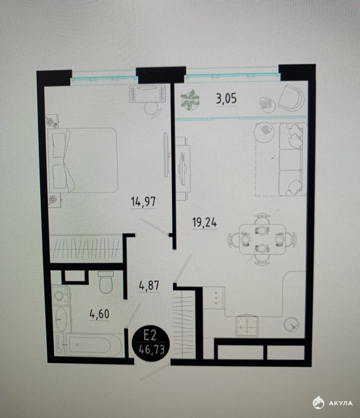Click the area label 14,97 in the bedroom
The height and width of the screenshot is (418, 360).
click(x=143, y=201)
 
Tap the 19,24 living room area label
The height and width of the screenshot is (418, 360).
click(x=205, y=223)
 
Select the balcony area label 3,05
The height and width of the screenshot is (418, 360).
click(x=226, y=99)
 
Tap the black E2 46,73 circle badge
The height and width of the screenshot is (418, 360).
click(x=151, y=344)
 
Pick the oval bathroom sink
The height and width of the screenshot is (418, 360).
click(x=61, y=319)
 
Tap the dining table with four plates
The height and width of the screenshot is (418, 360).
click(x=262, y=239)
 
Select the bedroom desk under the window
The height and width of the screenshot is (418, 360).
click(x=147, y=94)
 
